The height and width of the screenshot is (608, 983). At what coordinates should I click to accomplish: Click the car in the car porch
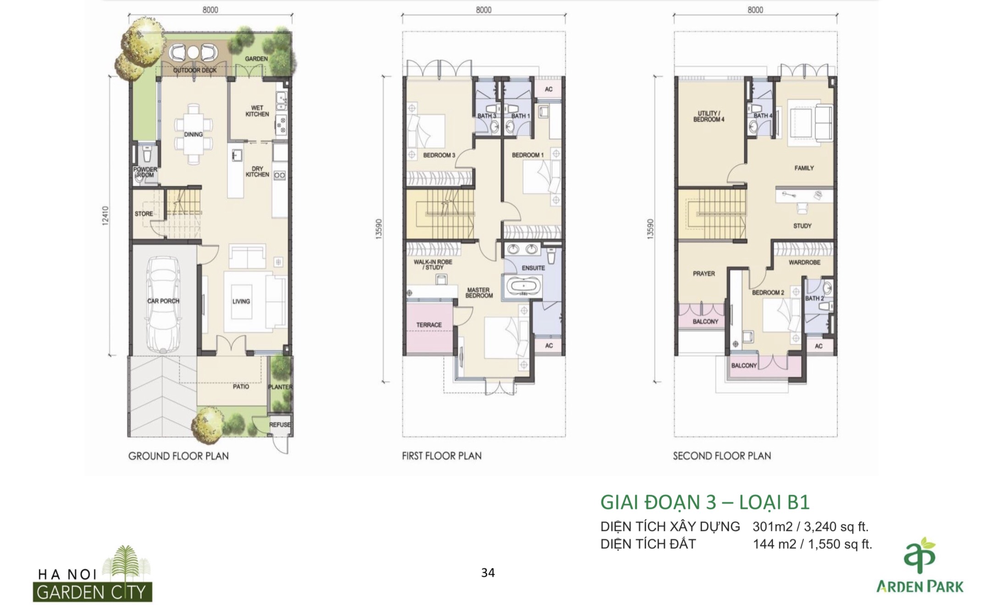coord(163,304)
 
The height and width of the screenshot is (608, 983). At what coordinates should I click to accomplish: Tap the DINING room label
coord(193,134)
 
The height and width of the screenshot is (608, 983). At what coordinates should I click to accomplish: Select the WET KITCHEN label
coord(257,111)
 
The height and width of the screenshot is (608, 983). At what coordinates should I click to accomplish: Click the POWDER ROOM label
coord(145,172)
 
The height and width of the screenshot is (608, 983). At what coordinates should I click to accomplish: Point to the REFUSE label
coord(280,425)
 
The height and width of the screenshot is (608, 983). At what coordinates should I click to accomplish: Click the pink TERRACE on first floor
coord(429,325)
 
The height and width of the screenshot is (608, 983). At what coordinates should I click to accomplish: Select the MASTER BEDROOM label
coord(479,293)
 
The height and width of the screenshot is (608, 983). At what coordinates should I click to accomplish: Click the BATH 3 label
coord(487,116)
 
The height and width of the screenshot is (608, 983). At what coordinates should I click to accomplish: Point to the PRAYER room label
coord(704,273)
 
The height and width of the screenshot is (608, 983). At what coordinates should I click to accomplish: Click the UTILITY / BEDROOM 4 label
coord(709,116)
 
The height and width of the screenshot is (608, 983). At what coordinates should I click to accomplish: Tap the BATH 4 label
coord(763,116)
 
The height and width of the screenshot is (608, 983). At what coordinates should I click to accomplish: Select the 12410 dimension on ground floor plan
coord(106,215)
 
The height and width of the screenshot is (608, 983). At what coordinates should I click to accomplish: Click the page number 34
coord(488,573)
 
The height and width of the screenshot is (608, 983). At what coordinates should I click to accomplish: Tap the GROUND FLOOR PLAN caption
coord(178,456)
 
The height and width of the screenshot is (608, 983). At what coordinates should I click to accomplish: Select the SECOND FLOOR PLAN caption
coord(722,456)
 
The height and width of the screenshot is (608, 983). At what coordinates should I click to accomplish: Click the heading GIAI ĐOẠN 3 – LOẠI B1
coord(705,502)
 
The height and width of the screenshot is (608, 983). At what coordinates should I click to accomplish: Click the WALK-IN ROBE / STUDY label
coord(433,265)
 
